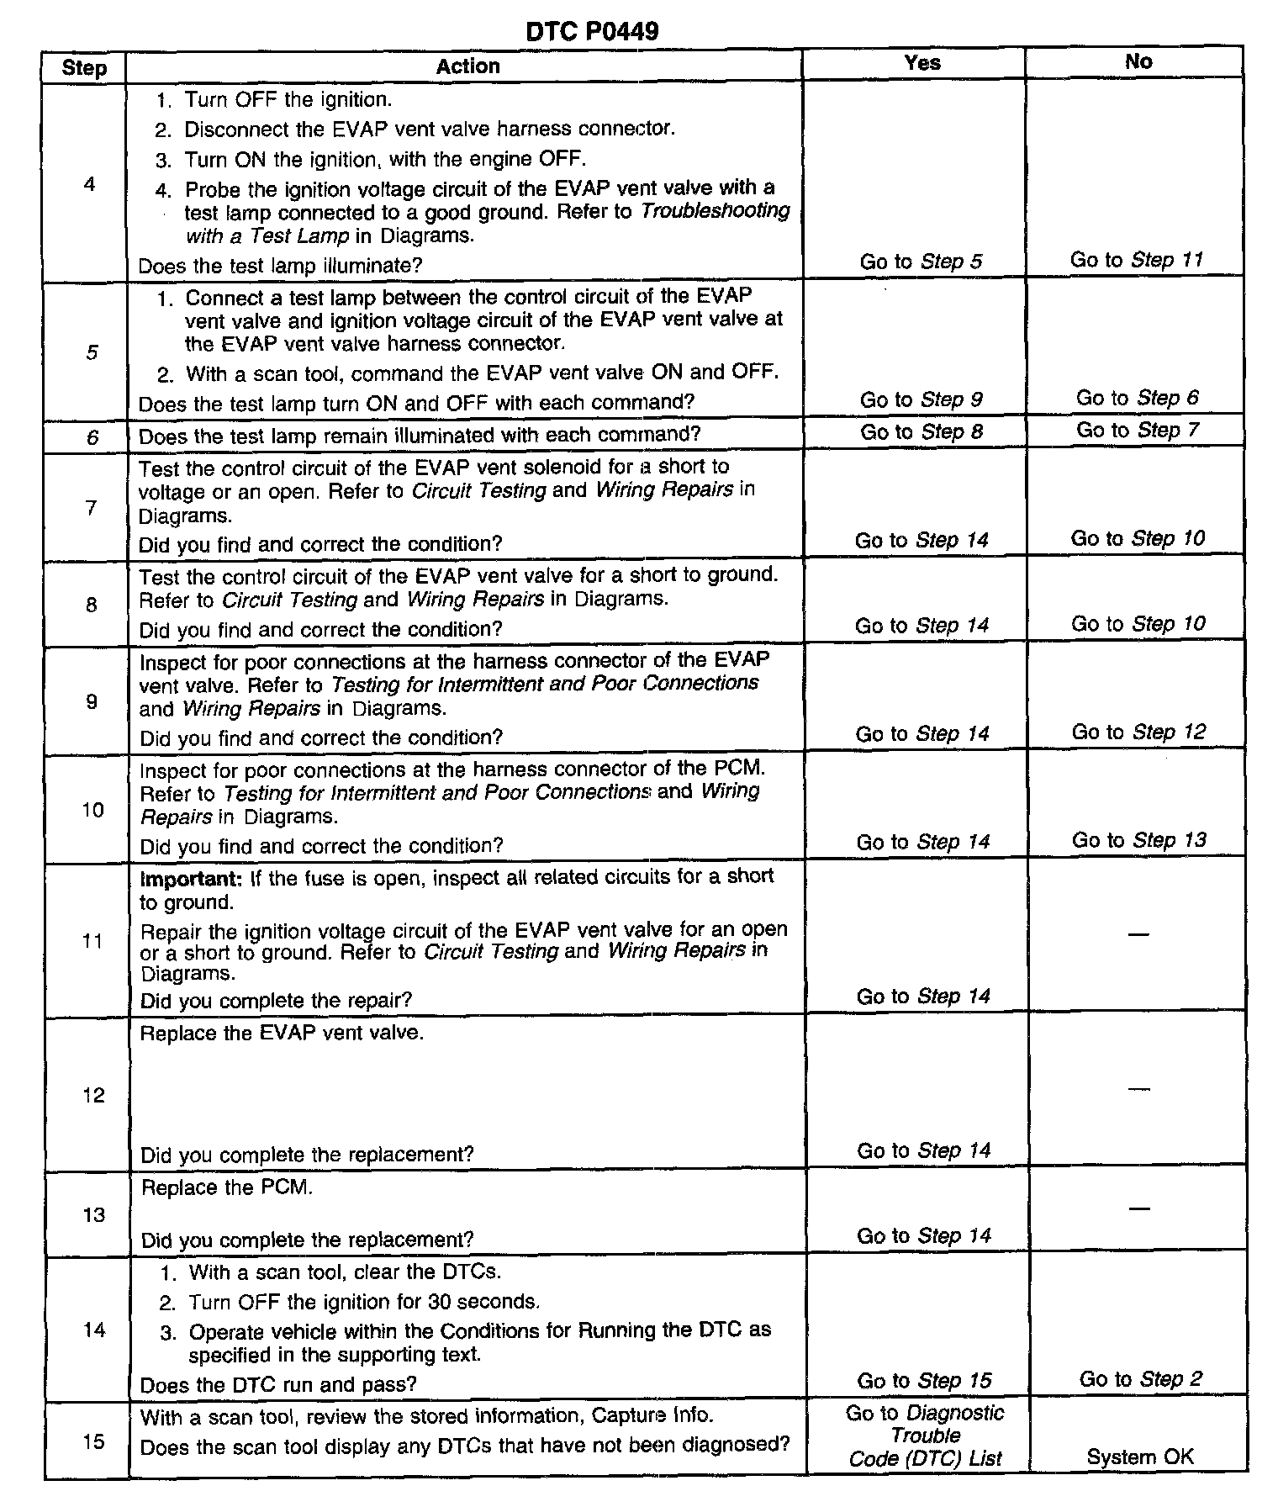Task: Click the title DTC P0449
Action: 592,31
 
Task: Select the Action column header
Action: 467,66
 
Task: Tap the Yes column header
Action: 922,63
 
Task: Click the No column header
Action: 1138,61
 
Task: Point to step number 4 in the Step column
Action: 90,184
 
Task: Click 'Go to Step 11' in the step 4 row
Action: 1137,260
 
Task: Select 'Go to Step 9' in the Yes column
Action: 921,399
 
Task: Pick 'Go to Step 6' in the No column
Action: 1137,398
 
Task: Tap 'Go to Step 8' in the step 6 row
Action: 922,432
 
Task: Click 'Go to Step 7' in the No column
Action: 1137,431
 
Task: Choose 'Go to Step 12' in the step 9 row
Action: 1138,732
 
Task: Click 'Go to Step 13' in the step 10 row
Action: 1138,840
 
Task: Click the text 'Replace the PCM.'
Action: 226,1187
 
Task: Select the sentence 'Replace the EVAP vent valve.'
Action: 282,1033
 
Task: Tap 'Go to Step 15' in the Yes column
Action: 924,1381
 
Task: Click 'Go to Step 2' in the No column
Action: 1140,1379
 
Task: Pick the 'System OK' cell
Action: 1139,1457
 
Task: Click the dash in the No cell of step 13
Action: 1138,1208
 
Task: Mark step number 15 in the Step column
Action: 93,1441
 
